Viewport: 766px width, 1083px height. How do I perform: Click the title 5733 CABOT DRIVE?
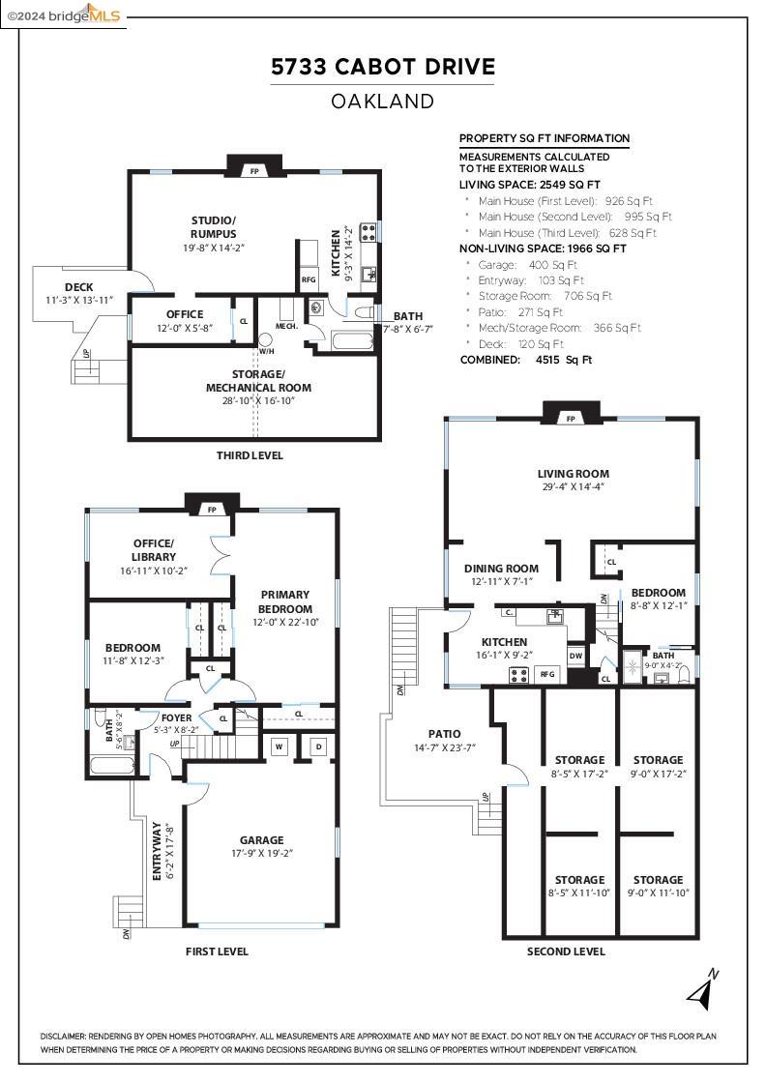(382, 67)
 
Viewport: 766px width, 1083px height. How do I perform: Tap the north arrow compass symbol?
(703, 989)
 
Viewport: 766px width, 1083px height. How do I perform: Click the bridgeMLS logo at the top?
(63, 14)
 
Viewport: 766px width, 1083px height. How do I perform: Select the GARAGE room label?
(262, 840)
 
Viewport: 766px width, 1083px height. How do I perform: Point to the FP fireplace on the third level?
(254, 170)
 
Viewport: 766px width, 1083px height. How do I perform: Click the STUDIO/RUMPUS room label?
(214, 226)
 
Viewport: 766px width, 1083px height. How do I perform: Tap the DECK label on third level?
(78, 287)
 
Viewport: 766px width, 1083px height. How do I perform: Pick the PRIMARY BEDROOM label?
(284, 601)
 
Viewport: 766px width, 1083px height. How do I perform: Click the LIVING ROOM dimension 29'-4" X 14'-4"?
(574, 487)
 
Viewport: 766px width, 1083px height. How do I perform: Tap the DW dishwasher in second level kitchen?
(575, 657)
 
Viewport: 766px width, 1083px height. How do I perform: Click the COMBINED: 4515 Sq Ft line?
(525, 360)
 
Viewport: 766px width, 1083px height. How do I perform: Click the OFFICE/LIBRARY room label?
(154, 549)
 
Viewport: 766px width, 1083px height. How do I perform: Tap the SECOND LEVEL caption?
(566, 951)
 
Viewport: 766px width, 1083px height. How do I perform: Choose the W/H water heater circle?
(265, 340)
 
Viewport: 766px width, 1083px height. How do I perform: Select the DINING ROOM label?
(501, 569)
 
